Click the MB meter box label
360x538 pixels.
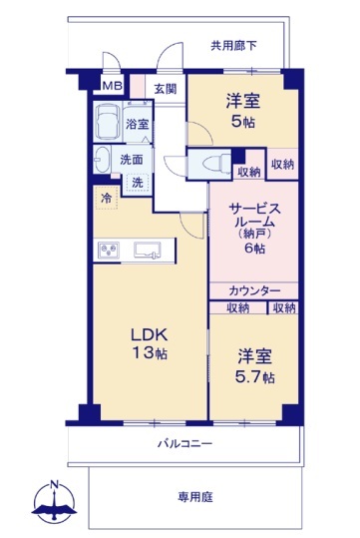click(113, 86)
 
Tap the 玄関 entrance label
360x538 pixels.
click(165, 89)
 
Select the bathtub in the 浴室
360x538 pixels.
click(108, 122)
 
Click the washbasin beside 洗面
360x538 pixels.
click(102, 160)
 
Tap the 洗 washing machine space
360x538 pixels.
click(138, 183)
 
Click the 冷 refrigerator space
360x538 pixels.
click(107, 198)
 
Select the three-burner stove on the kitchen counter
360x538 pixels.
click(109, 250)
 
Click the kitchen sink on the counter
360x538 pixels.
click(147, 250)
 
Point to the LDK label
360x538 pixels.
click(150, 335)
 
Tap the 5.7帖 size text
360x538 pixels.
click(254, 377)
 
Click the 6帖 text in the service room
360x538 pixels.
click(254, 248)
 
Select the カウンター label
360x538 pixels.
click(254, 291)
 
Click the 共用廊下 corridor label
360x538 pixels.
click(233, 45)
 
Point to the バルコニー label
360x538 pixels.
click(184, 443)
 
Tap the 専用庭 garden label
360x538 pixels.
click(195, 496)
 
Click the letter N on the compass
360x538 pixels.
click(54, 484)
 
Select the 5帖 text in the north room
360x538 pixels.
click(242, 122)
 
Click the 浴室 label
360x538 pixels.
click(137, 124)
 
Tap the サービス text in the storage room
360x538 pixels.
click(254, 209)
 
